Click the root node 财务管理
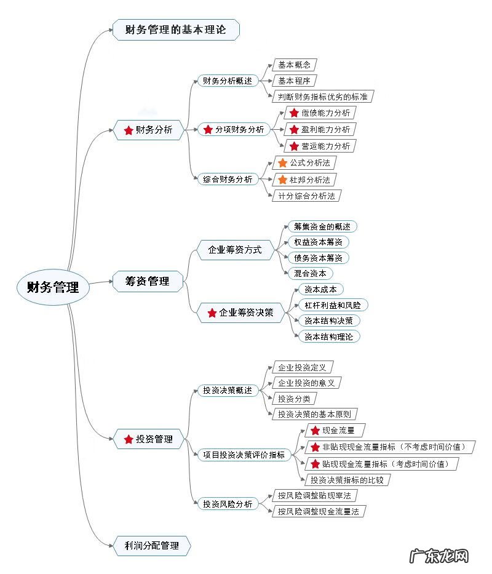54,287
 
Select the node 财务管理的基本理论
176,30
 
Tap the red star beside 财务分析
129,130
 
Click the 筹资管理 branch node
148,281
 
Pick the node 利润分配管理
151,545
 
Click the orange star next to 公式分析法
283,163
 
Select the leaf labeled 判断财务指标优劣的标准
323,97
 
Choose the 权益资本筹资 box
318,242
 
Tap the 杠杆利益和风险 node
332,305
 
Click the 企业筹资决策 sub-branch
240,313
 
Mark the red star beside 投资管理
129,439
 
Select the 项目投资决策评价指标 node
244,455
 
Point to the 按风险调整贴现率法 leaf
314,495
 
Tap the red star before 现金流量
315,431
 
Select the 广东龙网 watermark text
439,556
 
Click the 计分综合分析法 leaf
306,196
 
